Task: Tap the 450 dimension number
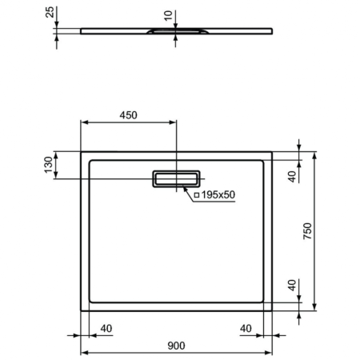128,114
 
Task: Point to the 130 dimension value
47,165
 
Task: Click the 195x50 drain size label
218,194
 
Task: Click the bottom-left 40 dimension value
106,328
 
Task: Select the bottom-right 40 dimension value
246,328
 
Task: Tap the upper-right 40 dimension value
292,176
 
